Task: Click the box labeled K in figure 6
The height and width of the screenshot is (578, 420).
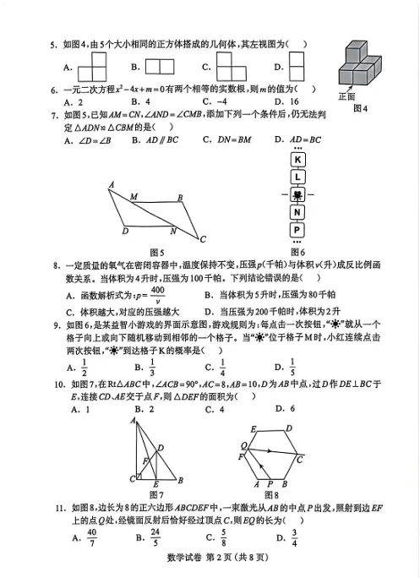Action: point(297,161)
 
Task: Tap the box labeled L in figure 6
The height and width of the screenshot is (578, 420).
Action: point(297,177)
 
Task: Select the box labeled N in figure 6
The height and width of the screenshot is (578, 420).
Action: point(297,212)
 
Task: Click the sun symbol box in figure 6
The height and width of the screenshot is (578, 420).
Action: point(297,194)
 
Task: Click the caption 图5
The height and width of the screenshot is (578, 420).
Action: point(155,252)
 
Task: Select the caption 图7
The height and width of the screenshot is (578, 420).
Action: point(155,493)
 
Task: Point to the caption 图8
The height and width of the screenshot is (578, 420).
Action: point(271,493)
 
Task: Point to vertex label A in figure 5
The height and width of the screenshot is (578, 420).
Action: point(112,184)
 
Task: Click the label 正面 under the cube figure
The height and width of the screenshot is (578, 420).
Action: point(346,96)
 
